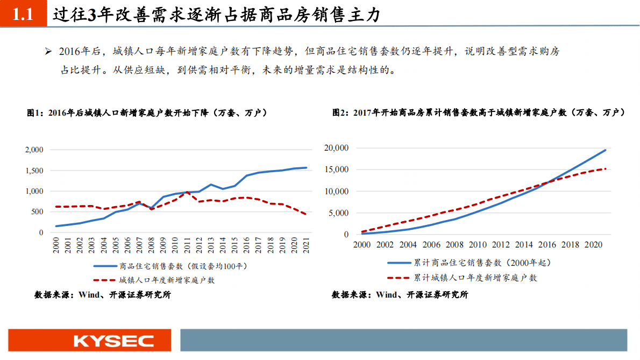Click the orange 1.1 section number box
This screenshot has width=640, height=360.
coord(23,15)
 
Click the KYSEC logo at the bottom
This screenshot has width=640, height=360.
coord(113,341)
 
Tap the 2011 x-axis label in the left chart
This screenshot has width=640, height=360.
coord(187,246)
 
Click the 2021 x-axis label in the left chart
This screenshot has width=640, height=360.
coord(307,246)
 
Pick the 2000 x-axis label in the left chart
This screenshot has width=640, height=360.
coord(56,246)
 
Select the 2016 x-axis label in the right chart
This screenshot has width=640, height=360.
coord(547,245)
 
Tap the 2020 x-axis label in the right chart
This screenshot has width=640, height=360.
coord(593,245)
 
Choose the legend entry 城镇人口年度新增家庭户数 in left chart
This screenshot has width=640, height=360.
coord(167,280)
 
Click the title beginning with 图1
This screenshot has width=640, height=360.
coord(147,113)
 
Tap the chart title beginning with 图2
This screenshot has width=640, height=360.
coord(478,113)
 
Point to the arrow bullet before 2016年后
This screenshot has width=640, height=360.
coord(48,52)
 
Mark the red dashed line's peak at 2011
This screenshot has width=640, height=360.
coord(187,192)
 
